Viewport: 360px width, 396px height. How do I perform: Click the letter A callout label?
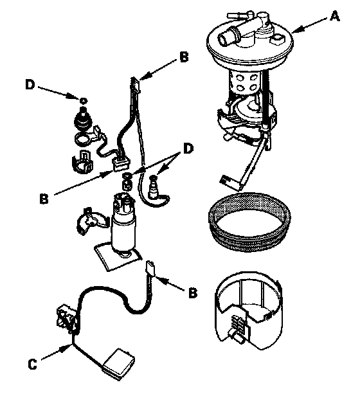[334, 17]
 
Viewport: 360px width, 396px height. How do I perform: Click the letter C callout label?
[32, 364]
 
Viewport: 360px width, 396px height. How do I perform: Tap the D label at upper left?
[30, 84]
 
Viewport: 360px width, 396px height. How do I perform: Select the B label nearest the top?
[184, 57]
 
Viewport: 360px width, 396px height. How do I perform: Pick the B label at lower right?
[193, 293]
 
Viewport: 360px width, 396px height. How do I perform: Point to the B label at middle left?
[44, 199]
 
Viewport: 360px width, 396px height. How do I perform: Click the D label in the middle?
[188, 148]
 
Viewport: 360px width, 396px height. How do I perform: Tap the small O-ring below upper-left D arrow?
[83, 101]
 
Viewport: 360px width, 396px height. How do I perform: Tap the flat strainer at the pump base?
[118, 256]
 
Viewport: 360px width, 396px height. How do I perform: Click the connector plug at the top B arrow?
[135, 84]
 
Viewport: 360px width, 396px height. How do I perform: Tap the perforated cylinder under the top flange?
[244, 82]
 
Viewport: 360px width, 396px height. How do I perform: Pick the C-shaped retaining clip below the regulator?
[82, 162]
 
